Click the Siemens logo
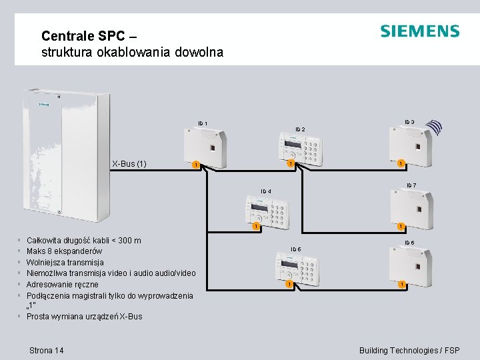[419, 31]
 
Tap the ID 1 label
[202, 123]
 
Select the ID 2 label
[300, 129]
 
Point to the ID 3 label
[409, 121]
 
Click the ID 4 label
[265, 191]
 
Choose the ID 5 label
[295, 249]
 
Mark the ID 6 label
[411, 185]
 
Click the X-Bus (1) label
[129, 164]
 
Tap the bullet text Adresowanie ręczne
[62, 285]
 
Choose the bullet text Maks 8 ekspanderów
[64, 251]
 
